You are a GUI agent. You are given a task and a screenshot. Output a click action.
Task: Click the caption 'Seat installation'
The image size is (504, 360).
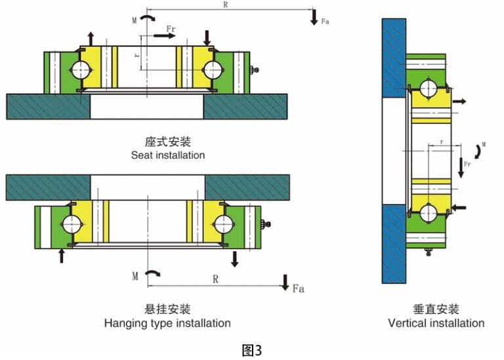point(167,155)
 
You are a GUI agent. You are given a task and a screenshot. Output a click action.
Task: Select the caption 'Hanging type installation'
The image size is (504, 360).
point(167,323)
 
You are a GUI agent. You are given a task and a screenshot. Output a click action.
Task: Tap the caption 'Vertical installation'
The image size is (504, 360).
point(436,323)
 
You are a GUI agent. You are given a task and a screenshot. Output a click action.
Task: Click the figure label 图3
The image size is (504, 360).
point(252,350)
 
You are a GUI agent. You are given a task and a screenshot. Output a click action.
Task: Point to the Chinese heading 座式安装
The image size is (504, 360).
point(167,142)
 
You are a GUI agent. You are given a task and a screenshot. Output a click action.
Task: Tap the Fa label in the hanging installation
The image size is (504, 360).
point(298,288)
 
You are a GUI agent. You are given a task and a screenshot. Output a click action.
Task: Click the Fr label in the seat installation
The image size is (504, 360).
point(171,29)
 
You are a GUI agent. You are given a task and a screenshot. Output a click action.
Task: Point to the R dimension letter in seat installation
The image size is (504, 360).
point(225,5)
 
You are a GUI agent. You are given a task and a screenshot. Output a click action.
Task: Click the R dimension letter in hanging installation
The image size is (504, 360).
point(215,279)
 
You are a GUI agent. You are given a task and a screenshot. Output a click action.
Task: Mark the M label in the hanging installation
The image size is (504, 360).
point(135,276)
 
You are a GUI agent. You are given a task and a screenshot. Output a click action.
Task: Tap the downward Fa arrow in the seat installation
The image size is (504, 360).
point(314,17)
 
